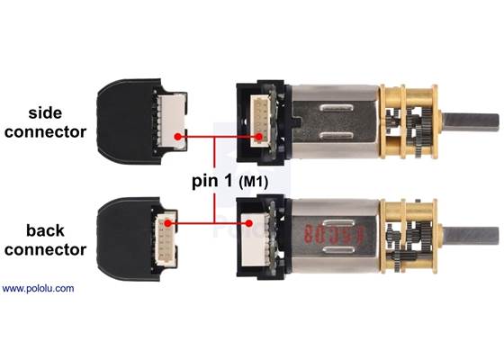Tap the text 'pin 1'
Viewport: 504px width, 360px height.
coord(214,180)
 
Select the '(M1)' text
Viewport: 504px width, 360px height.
coord(256,181)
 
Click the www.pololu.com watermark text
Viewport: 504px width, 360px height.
coord(38,289)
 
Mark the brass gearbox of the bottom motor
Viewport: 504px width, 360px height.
coord(409,233)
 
